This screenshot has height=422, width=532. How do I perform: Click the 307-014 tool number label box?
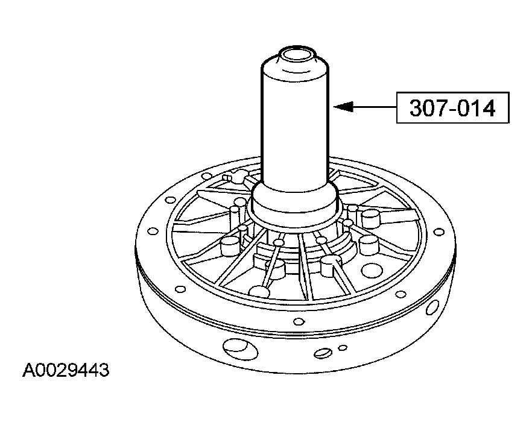pos(452,108)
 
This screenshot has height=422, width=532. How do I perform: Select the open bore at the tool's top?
pos(296,57)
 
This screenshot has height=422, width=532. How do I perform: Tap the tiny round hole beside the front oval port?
pos(343,347)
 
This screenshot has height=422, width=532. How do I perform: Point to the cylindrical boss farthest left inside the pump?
pos(230,244)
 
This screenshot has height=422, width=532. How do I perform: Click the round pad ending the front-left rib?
pos(259,292)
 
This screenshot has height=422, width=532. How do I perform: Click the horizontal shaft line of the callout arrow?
pos(374,107)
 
